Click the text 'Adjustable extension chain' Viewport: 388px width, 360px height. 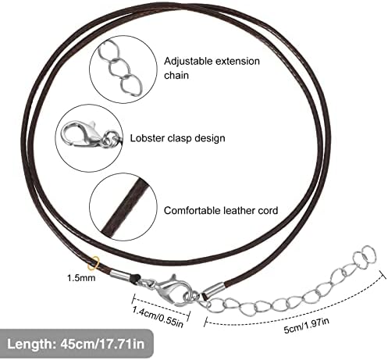tap(212, 68)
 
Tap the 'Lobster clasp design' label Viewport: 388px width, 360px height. tap(177, 138)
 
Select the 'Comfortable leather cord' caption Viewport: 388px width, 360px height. tap(221, 210)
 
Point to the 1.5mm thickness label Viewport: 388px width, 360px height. tap(81, 278)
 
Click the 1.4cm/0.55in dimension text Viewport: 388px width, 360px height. tap(158, 317)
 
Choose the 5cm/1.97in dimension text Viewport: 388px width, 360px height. tap(306, 326)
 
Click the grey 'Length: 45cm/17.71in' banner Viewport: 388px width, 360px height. tap(77, 344)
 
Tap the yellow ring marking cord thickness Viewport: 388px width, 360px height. tap(94, 263)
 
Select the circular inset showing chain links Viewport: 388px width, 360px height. tap(123, 70)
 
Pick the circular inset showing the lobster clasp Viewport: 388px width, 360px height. tap(89, 138)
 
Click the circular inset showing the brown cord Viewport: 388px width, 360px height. tap(123, 207)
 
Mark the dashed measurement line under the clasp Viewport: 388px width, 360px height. tap(161, 305)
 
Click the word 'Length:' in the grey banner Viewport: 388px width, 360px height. tap(30, 344)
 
